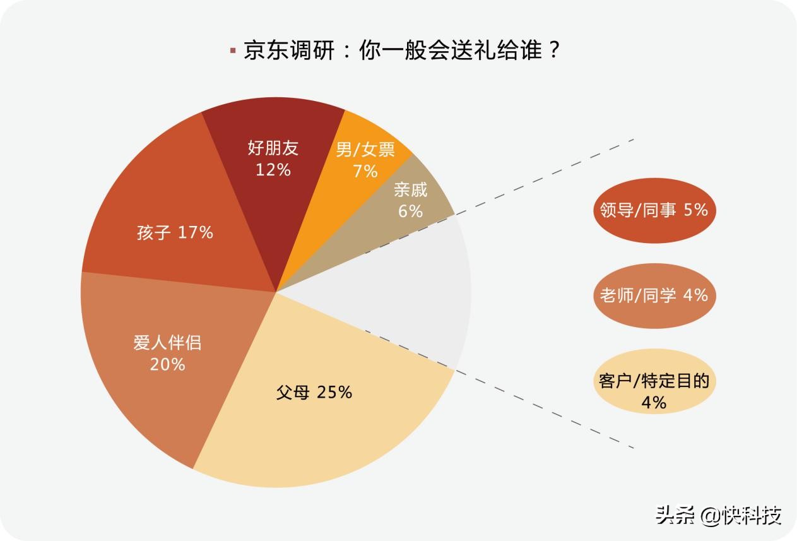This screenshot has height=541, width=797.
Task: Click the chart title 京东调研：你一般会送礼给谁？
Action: pyautogui.click(x=402, y=51)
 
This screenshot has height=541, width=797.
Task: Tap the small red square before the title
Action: pyautogui.click(x=233, y=51)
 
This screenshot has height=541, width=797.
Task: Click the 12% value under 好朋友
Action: pyautogui.click(x=273, y=170)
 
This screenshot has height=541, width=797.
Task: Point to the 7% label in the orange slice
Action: pyautogui.click(x=365, y=171)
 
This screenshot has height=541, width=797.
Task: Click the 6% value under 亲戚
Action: pyautogui.click(x=410, y=211)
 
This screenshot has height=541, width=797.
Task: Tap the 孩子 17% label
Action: pyautogui.click(x=175, y=232)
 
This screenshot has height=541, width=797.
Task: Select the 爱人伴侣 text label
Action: pyautogui.click(x=167, y=343)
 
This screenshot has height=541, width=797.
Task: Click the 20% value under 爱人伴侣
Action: pyautogui.click(x=167, y=364)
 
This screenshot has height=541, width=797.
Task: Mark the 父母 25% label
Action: pyautogui.click(x=314, y=392)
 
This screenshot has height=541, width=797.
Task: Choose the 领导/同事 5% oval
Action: pyautogui.click(x=654, y=210)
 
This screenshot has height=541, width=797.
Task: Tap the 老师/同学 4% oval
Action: pyautogui.click(x=654, y=295)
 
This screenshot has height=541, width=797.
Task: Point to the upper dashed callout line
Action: pyautogui.click(x=543, y=177)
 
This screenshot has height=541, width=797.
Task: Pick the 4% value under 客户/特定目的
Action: pyautogui.click(x=654, y=402)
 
